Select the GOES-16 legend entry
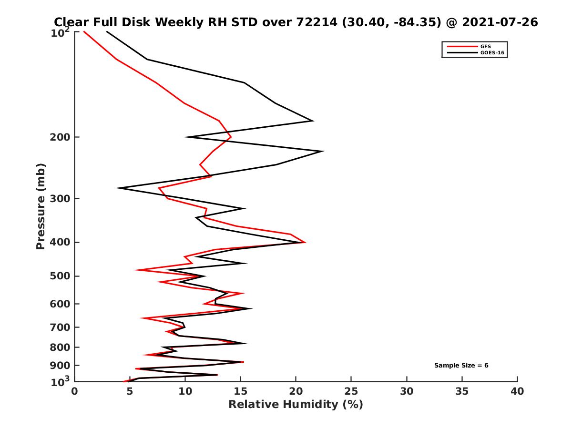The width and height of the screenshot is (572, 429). tap(490, 52)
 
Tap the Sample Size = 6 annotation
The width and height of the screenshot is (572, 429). tap(461, 366)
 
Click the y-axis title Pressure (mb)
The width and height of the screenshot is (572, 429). tap(41, 206)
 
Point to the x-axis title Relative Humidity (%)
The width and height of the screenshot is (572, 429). tap(296, 405)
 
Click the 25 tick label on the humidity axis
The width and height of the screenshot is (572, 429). tap(351, 391)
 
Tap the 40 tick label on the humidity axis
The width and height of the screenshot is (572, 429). tap(517, 391)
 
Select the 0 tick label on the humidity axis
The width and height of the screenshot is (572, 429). tap(75, 391)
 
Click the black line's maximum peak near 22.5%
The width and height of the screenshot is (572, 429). tap(323, 151)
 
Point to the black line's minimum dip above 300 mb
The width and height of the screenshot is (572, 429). tap(117, 188)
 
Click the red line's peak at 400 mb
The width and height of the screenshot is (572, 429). tap(305, 242)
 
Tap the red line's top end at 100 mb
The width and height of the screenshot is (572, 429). tap(84, 31)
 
